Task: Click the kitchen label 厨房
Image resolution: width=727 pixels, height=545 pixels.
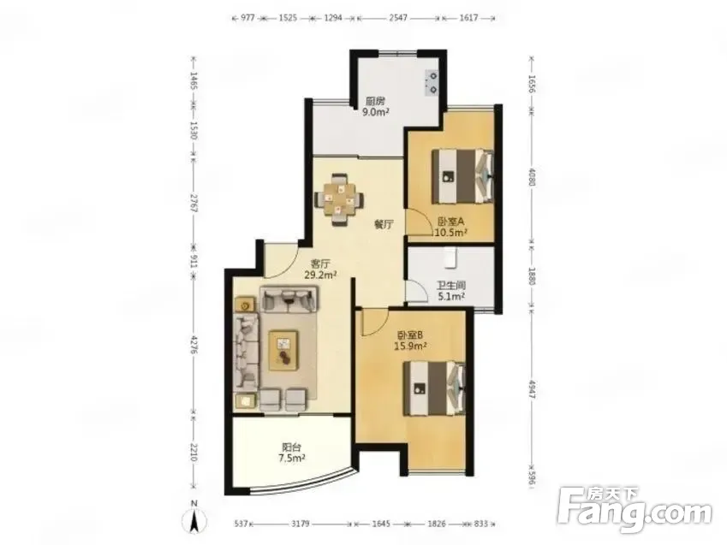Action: pyautogui.click(x=375, y=101)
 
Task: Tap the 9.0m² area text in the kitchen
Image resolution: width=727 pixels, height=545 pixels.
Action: pyautogui.click(x=375, y=112)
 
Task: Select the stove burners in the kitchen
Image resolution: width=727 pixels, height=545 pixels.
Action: pyautogui.click(x=432, y=81)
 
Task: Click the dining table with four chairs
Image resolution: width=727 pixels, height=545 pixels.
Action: pyautogui.click(x=339, y=199)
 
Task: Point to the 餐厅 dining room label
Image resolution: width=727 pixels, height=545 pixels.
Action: pyautogui.click(x=384, y=225)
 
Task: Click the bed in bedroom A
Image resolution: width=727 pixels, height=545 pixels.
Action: pyautogui.click(x=462, y=175)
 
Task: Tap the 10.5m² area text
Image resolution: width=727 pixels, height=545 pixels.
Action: pyautogui.click(x=450, y=233)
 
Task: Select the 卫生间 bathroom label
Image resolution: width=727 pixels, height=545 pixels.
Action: pyautogui.click(x=450, y=286)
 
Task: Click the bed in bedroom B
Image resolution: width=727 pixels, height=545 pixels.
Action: pyautogui.click(x=434, y=388)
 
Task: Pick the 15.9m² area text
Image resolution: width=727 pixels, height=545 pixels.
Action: pyautogui.click(x=411, y=346)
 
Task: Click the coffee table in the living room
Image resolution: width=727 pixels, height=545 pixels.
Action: pyautogui.click(x=283, y=350)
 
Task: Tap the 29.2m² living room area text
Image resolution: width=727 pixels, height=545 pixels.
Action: pyautogui.click(x=320, y=275)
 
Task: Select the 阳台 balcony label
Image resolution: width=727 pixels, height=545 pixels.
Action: pyautogui.click(x=292, y=447)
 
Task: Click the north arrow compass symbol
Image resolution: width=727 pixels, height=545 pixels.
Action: pyautogui.click(x=194, y=518)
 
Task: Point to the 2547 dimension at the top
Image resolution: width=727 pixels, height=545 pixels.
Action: pyautogui.click(x=398, y=18)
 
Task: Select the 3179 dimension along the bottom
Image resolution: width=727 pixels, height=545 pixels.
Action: pyautogui.click(x=301, y=524)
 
